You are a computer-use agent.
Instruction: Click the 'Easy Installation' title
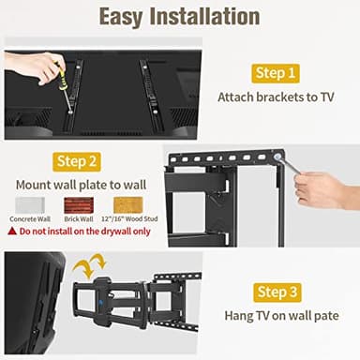coord(179,17)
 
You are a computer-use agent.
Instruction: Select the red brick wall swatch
coord(78,203)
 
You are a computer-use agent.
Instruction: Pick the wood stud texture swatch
coord(129,203)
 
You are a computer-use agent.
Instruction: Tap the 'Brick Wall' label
coord(78,219)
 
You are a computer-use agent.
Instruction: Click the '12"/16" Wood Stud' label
coord(129,219)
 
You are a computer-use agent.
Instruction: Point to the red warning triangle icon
coord(11,231)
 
